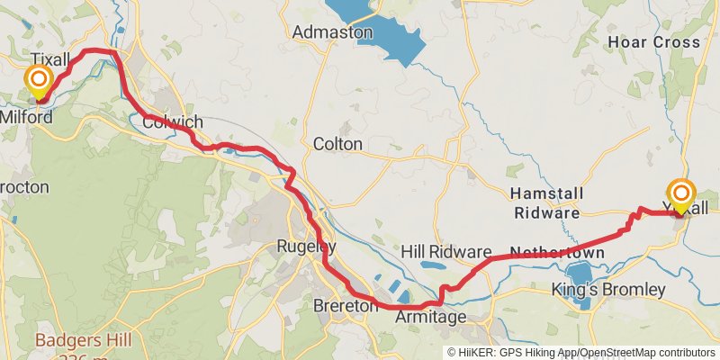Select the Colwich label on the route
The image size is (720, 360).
pyautogui.click(x=172, y=122)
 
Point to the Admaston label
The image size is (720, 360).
pyautogui.click(x=332, y=32)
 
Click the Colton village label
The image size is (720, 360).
pyautogui.click(x=337, y=144)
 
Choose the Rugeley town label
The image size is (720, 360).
pyautogui.click(x=306, y=246)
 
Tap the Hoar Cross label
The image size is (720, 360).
pyautogui.click(x=653, y=42)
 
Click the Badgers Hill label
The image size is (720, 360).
pyautogui.click(x=83, y=340)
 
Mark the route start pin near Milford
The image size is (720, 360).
pyautogui.click(x=39, y=82)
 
